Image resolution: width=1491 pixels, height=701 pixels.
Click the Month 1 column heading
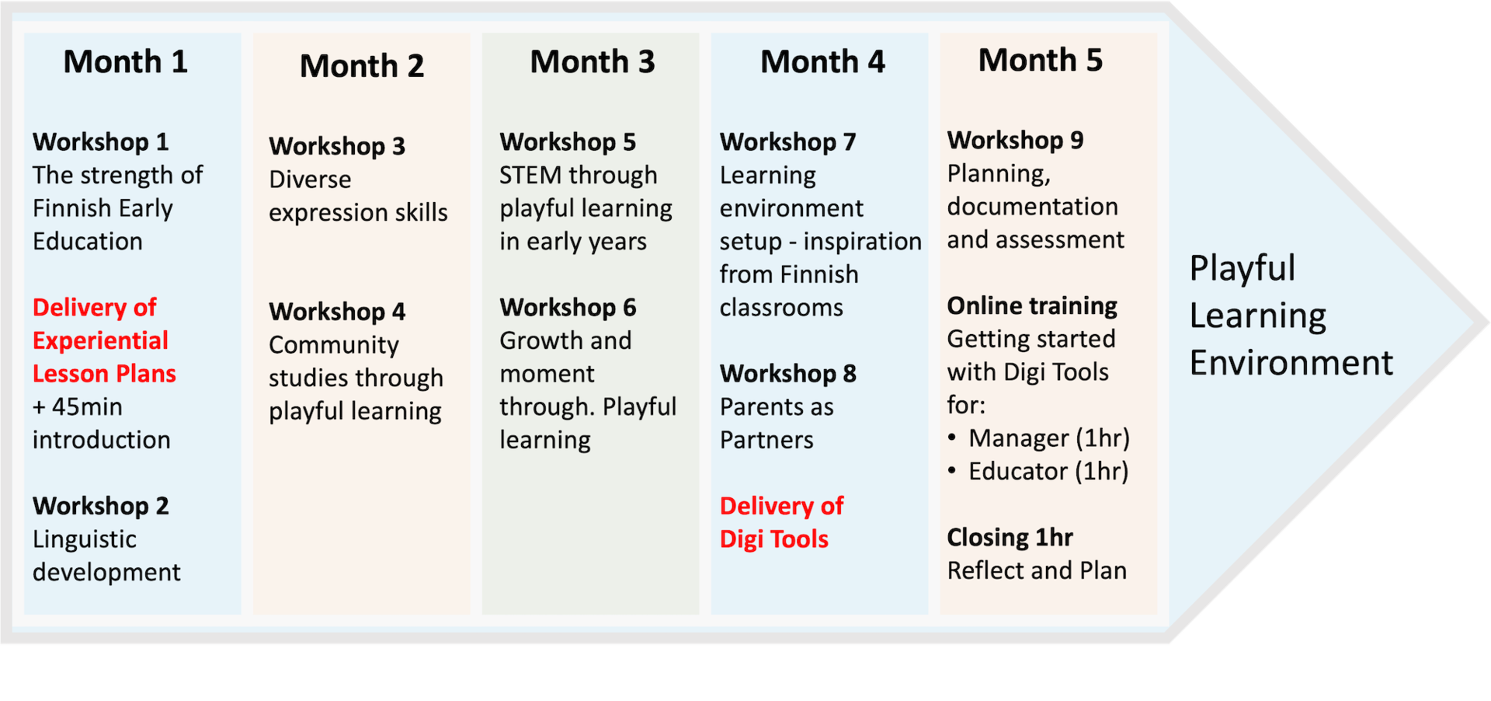tap(125, 62)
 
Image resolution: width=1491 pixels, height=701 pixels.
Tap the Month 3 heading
tap(592, 62)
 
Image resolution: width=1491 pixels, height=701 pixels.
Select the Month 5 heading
tap(1040, 61)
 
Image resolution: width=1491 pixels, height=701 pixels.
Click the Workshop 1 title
tap(100, 142)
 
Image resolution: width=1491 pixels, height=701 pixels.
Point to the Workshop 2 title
tap(100, 506)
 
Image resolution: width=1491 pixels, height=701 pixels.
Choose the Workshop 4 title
tap(337, 312)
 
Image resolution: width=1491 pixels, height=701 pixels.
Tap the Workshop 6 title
tap(568, 308)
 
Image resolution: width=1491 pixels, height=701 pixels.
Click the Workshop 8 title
tap(787, 374)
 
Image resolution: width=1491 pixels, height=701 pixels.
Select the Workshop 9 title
tap(1015, 141)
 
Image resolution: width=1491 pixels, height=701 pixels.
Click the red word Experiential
tap(100, 341)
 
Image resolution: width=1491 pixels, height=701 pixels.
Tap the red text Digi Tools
tap(773, 539)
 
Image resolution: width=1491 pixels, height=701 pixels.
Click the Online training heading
tap(1031, 306)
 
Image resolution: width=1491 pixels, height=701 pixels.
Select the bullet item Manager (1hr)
tap(1048, 438)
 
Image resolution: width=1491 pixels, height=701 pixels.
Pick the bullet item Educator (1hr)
tap(1048, 472)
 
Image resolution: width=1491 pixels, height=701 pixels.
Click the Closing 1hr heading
tap(1010, 538)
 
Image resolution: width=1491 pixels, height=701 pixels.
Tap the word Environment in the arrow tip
tap(1291, 363)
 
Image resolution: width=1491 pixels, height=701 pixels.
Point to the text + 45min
tap(78, 407)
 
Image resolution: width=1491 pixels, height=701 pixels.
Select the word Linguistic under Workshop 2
tap(85, 539)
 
